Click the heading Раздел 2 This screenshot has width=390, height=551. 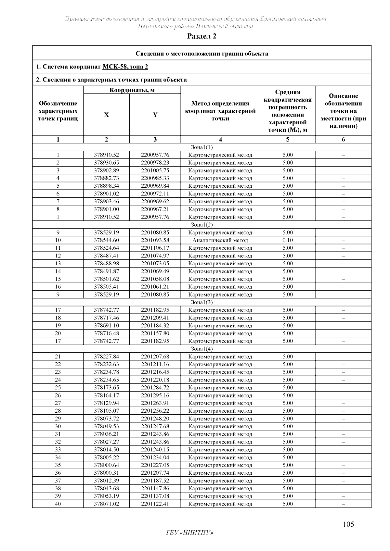[x=201, y=36]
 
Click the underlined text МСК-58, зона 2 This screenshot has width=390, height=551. [x=125, y=67]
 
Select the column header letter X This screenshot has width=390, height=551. [x=106, y=115]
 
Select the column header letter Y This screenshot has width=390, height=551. [x=155, y=115]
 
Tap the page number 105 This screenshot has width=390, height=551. [x=348, y=524]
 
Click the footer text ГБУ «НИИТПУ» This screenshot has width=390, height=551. [x=189, y=532]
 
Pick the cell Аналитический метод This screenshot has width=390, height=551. [x=220, y=240]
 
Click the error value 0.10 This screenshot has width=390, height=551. [x=288, y=240]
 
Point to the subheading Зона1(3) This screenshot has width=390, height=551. [x=201, y=302]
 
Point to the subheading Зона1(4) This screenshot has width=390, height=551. [x=201, y=349]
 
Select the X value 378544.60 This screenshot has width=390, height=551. [x=106, y=240]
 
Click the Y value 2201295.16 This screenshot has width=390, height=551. [x=155, y=395]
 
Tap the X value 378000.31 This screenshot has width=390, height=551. [x=106, y=473]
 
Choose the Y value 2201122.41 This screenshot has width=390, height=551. [x=155, y=504]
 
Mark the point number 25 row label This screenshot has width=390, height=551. [x=58, y=387]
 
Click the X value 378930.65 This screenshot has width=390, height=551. [x=106, y=163]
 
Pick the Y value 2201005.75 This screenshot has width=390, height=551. [x=155, y=170]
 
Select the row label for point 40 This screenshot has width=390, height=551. [x=58, y=504]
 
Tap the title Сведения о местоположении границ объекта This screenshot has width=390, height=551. [x=201, y=54]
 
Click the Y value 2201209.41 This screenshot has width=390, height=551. [x=155, y=318]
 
